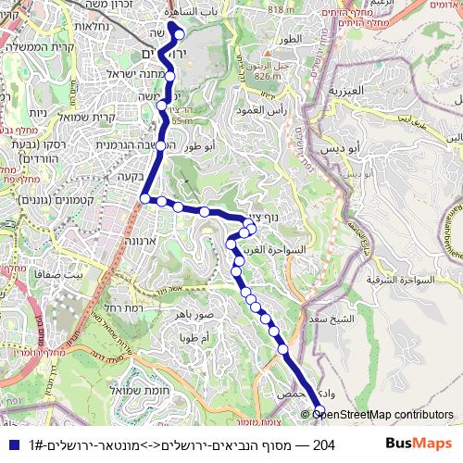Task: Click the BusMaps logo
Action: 419,444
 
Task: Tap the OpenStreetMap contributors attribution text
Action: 383,415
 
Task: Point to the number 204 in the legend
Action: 324,445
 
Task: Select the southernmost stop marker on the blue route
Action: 319,412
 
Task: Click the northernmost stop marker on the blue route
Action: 179,36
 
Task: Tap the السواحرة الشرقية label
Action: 399,279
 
